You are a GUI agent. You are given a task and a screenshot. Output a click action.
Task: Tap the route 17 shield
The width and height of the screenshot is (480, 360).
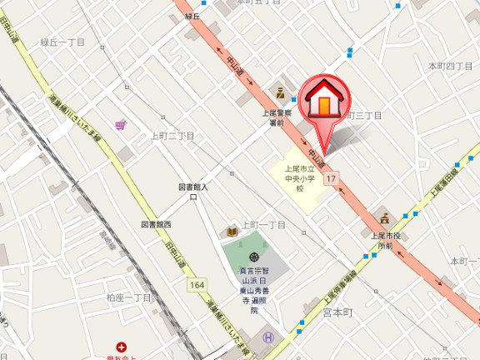click(332, 178)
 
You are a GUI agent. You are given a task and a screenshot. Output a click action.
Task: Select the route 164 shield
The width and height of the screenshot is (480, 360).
click(197, 285)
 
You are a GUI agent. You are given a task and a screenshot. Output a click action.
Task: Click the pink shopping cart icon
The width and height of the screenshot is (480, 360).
click(122, 126)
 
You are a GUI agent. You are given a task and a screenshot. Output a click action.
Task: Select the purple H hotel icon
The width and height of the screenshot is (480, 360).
click(268, 337)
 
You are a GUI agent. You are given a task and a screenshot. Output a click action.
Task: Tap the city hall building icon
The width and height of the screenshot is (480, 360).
click(385, 218)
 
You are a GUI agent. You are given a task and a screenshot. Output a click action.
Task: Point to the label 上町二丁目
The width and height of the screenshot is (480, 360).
click(172, 135)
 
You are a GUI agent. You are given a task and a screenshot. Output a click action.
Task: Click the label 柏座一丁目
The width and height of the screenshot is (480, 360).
click(129, 297)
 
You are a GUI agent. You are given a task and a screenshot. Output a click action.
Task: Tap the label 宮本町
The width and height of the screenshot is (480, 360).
click(338, 312)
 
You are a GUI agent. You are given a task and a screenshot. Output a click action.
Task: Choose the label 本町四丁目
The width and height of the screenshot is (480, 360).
click(450, 66)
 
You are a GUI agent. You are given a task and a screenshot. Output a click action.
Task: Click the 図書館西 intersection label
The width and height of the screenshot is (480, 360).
click(156, 225)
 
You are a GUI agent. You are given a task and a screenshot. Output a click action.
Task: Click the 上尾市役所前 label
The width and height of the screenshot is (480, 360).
click(381, 241)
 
